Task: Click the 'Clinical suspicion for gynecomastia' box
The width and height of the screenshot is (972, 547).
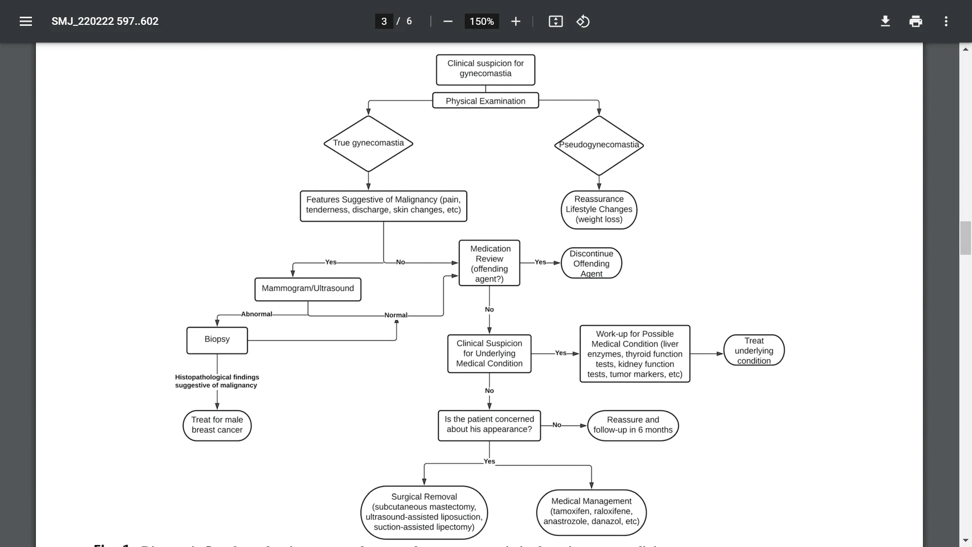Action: tap(485, 69)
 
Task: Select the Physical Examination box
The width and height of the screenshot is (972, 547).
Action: tap(485, 101)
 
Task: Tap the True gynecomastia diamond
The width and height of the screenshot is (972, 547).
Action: tap(368, 143)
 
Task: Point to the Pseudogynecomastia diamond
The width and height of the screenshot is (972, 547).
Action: tap(598, 145)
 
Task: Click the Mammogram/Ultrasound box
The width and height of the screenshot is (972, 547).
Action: tap(308, 289)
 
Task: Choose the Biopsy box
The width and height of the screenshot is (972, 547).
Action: tap(217, 340)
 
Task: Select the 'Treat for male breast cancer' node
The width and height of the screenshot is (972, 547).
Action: tap(217, 425)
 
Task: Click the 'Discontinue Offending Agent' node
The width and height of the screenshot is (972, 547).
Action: tap(591, 263)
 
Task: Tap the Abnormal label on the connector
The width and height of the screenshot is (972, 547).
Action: tap(256, 314)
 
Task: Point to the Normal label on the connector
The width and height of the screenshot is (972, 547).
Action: tap(395, 315)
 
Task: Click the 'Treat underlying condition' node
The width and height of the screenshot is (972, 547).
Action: tap(753, 350)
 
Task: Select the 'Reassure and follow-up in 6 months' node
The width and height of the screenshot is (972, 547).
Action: tap(632, 425)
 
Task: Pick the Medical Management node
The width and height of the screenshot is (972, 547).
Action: tap(591, 512)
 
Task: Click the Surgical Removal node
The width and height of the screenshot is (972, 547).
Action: tap(424, 512)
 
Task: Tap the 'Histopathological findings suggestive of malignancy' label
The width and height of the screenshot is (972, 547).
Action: tap(217, 381)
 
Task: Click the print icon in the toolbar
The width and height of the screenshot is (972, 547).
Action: tap(915, 21)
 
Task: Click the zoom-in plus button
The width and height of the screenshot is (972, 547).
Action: tap(515, 21)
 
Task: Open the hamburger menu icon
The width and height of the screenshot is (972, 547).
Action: tap(26, 21)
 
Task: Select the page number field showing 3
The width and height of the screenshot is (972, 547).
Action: tap(384, 21)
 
